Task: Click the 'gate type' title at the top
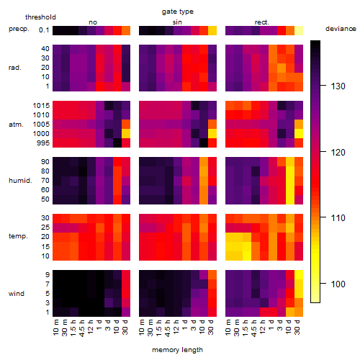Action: (x=178, y=12)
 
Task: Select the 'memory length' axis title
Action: (x=177, y=350)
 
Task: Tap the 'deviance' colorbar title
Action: (x=341, y=29)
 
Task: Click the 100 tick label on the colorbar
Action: (x=338, y=284)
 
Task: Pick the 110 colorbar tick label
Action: (x=338, y=218)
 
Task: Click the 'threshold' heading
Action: (x=40, y=17)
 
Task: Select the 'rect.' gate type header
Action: (x=261, y=22)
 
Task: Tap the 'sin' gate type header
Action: (x=177, y=22)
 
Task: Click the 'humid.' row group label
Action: (x=20, y=181)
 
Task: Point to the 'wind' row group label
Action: (x=17, y=294)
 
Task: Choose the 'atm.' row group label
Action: (x=16, y=125)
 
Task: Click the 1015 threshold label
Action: (x=41, y=106)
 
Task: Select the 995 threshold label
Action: (x=43, y=143)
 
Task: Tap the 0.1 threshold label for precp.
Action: (x=44, y=30)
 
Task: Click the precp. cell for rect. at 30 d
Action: (x=299, y=30)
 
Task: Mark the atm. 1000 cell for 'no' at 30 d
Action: (x=126, y=134)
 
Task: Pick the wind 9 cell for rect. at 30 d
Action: (x=299, y=275)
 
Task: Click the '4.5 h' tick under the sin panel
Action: (x=168, y=328)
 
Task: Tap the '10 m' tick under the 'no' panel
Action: (x=55, y=327)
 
